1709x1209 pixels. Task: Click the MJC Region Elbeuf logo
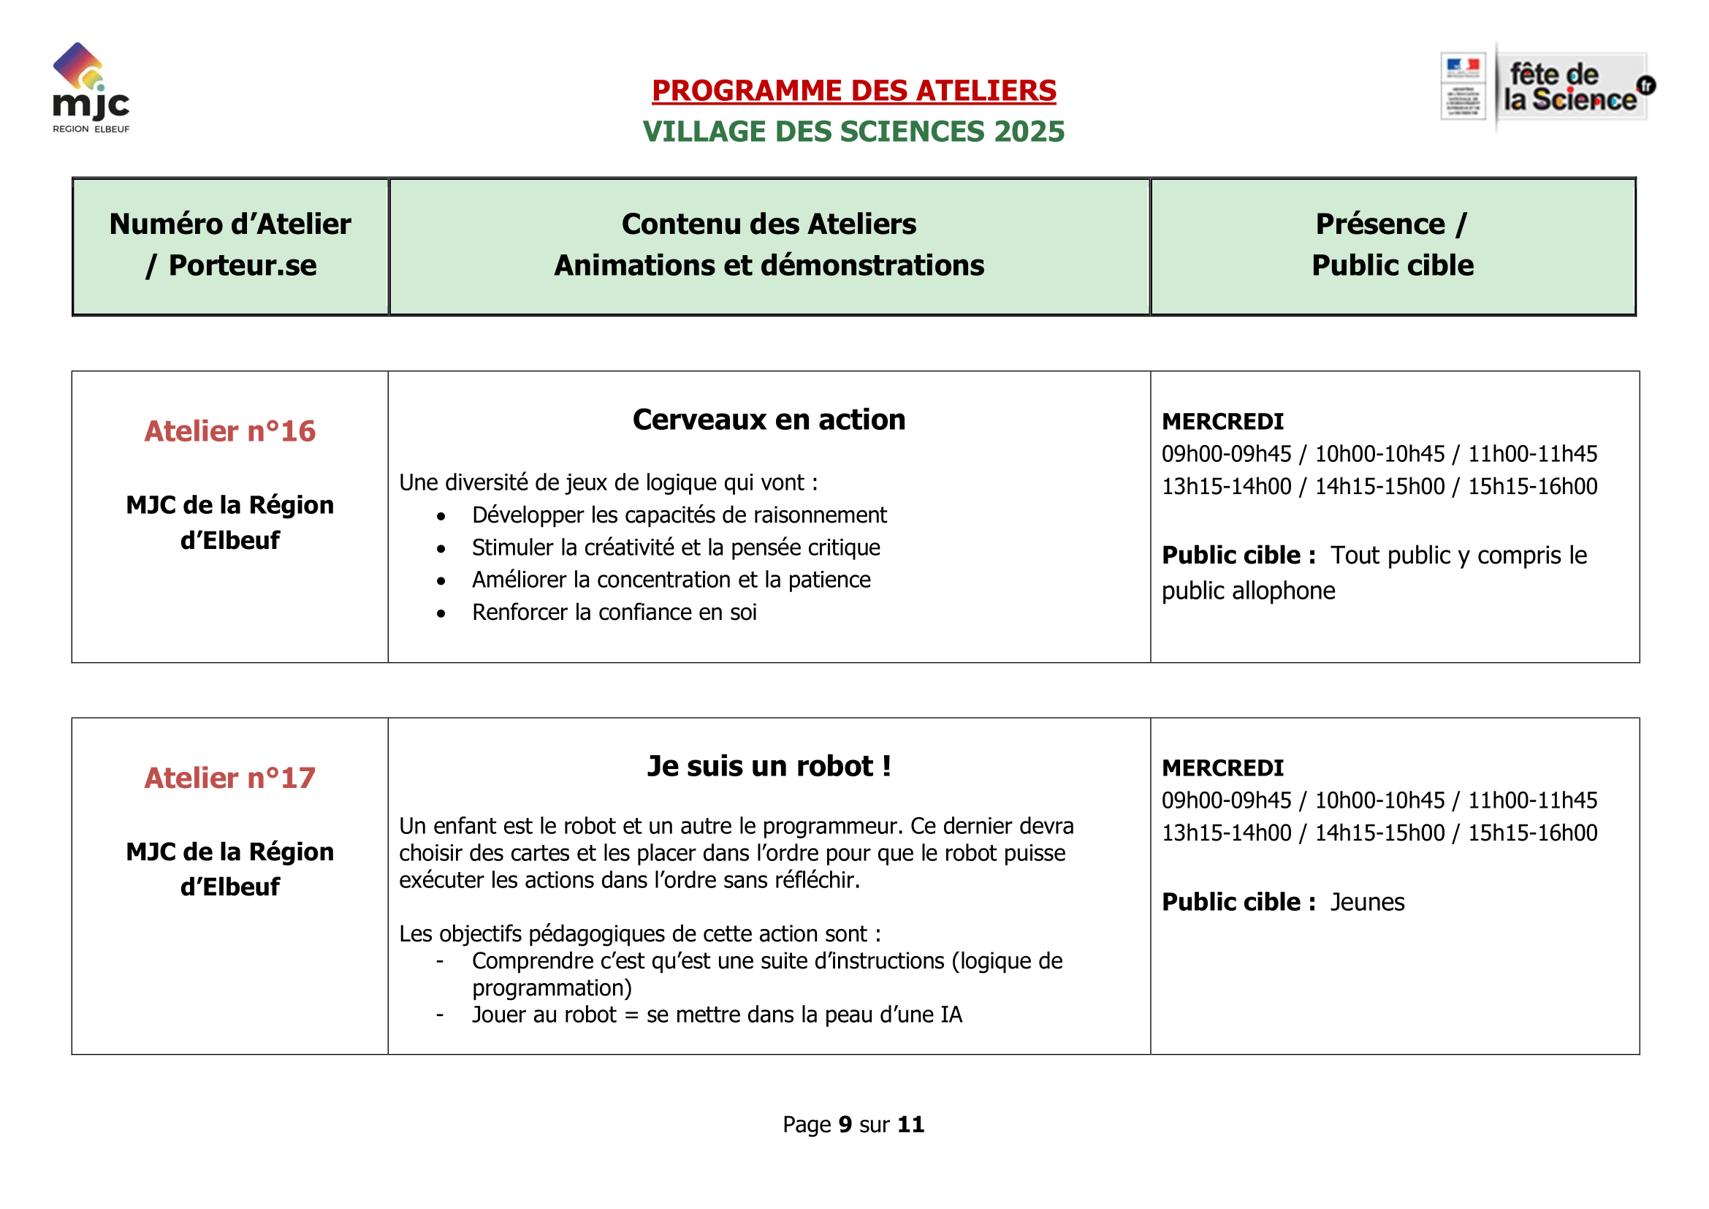click(91, 88)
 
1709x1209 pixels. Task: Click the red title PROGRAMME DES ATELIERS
click(853, 91)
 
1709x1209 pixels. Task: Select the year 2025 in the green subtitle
click(1029, 132)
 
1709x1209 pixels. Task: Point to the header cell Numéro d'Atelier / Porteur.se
click(231, 245)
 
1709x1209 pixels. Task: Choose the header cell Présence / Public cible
click(1392, 245)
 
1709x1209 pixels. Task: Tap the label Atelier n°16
click(230, 432)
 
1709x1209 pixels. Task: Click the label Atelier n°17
click(230, 778)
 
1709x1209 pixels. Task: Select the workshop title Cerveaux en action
click(769, 420)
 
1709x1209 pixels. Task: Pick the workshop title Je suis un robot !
click(769, 767)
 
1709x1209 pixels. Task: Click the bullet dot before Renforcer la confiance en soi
click(441, 614)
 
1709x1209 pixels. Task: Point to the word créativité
click(630, 548)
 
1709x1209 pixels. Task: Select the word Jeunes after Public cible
click(1367, 902)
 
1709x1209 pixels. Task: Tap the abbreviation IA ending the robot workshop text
click(951, 1015)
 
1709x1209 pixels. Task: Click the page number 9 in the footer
click(845, 1125)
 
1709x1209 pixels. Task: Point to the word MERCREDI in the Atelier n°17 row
click(1222, 768)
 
